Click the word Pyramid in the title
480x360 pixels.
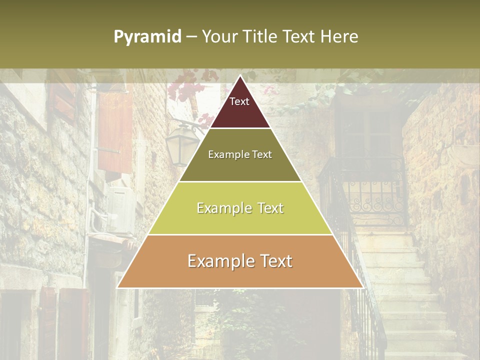(147, 37)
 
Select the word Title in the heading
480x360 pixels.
(261, 36)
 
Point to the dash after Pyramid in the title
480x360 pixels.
(191, 37)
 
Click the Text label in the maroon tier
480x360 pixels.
(239, 101)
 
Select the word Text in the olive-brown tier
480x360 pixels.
(262, 154)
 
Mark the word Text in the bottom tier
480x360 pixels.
(275, 261)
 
